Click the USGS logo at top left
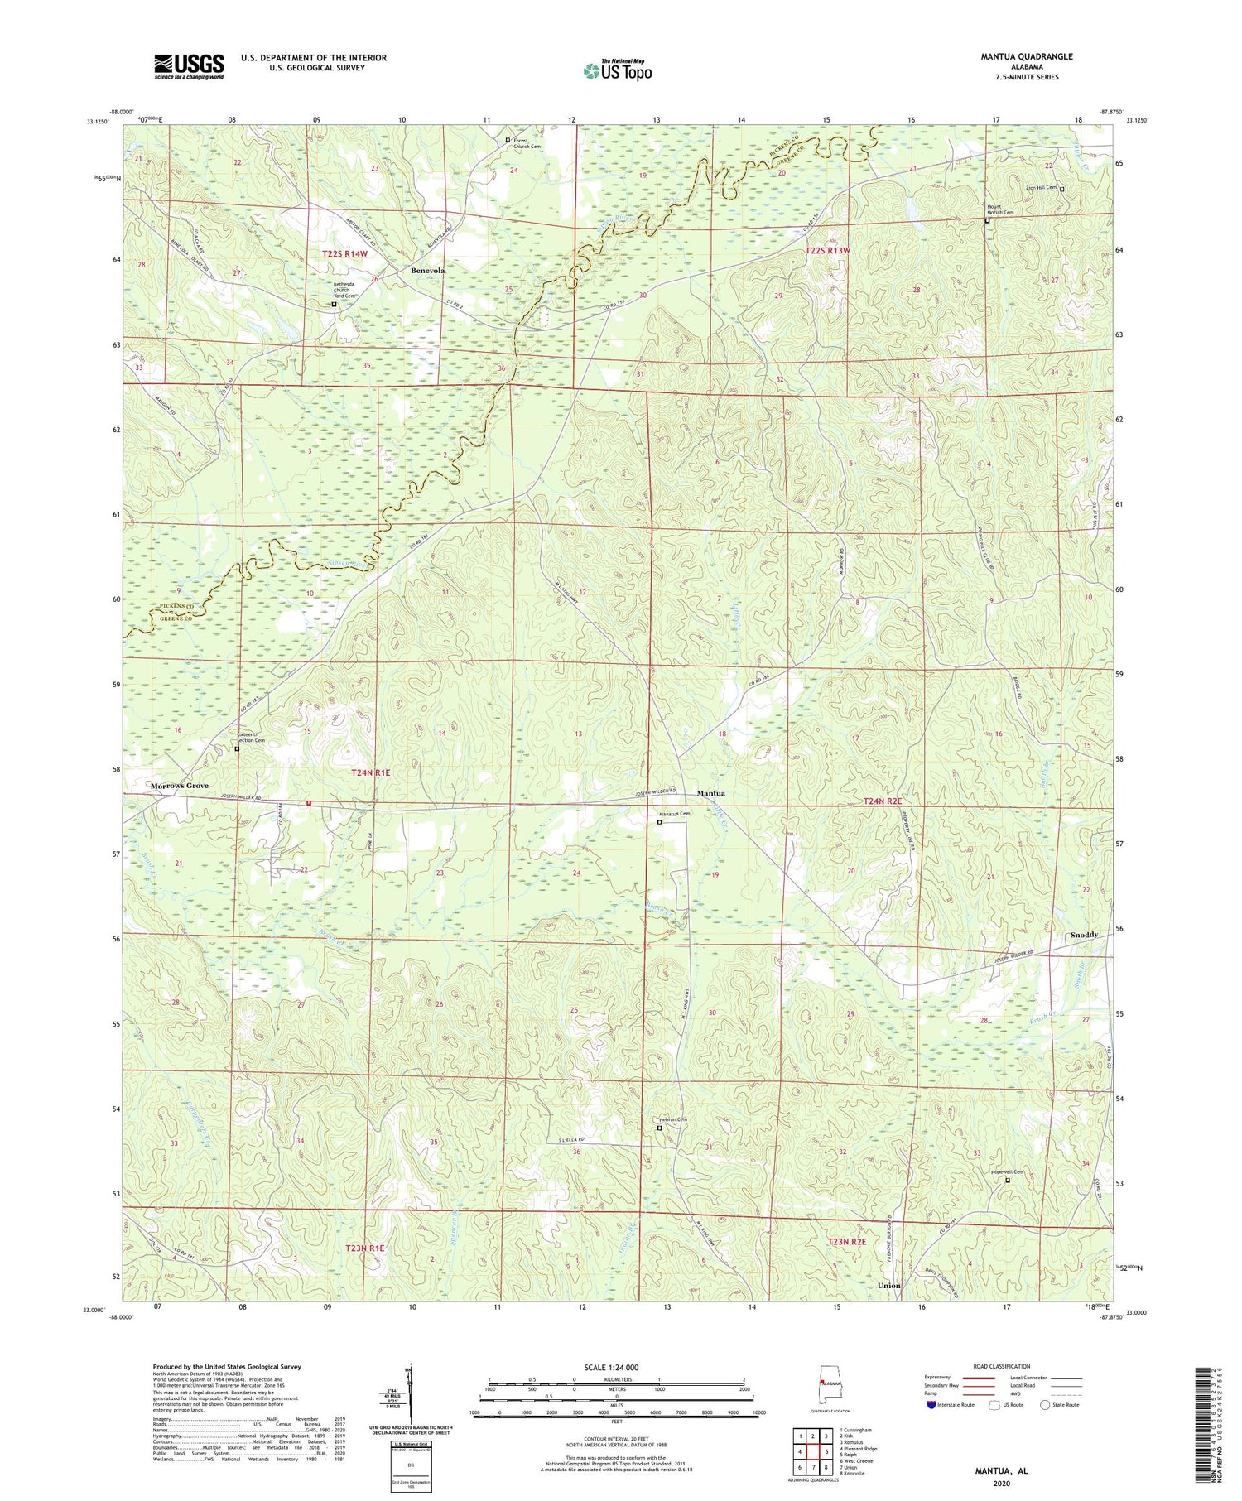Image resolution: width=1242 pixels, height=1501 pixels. click(189, 66)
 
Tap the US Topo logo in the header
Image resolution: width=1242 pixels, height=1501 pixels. click(617, 70)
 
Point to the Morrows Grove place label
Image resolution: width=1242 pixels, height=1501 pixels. click(179, 785)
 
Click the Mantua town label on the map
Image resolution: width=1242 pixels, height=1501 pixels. click(710, 793)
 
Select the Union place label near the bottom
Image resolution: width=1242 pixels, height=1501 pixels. click(888, 1285)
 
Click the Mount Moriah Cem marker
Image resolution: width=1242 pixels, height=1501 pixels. click(987, 221)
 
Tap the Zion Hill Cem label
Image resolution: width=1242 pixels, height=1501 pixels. click(1042, 187)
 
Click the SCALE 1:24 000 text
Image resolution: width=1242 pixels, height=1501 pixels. click(616, 1367)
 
